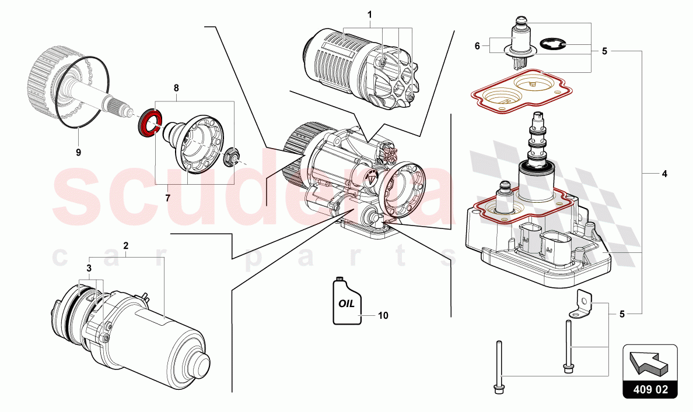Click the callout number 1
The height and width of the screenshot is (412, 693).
(369, 14)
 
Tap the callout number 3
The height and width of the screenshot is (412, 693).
(89, 267)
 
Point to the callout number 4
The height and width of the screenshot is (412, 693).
(664, 174)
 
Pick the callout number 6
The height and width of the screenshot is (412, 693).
(477, 45)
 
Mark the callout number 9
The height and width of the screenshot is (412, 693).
(78, 152)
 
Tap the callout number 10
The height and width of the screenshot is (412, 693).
(383, 315)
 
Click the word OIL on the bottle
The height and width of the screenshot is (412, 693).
(346, 304)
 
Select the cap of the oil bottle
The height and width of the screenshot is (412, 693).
(338, 279)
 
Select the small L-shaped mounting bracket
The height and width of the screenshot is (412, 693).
(584, 304)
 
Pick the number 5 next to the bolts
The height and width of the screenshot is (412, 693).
(622, 315)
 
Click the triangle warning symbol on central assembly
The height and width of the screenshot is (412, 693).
(369, 179)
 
